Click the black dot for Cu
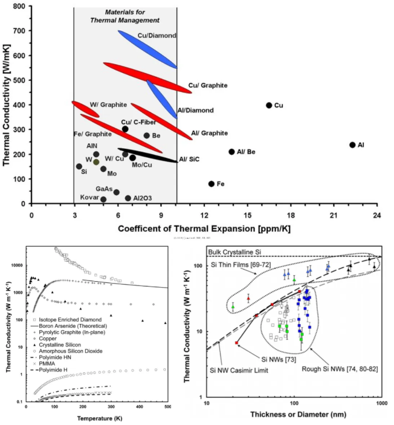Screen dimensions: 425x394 [269, 105]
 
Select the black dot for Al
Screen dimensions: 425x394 [352, 145]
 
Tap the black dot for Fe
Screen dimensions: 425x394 [212, 184]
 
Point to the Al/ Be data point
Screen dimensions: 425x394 [231, 152]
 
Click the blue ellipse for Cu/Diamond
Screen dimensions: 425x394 [147, 49]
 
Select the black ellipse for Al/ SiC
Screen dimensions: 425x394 [147, 155]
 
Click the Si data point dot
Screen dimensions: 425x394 [79, 166]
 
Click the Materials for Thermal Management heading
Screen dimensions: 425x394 [125, 16]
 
